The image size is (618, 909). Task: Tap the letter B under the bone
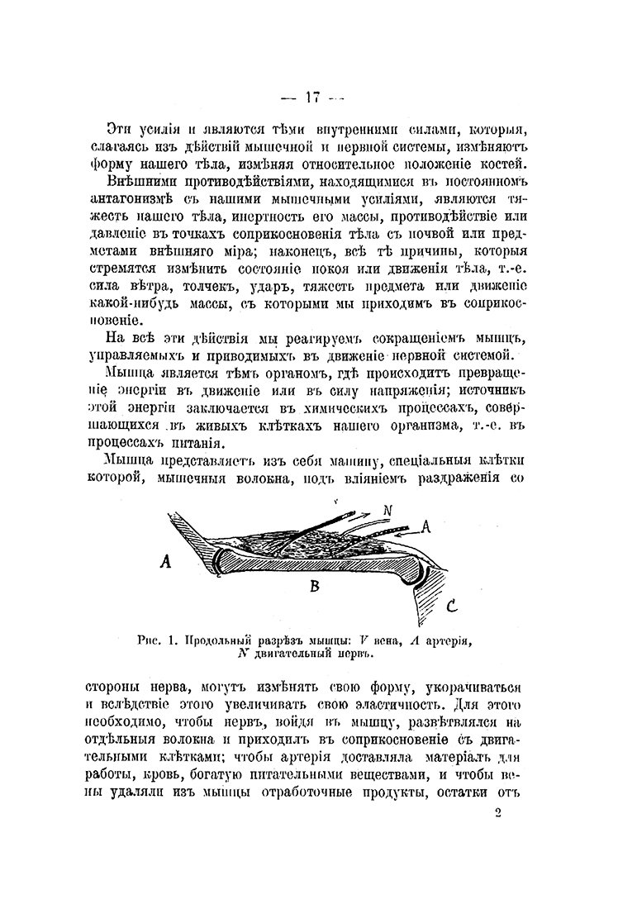click(314, 588)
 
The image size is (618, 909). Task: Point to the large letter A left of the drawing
click(165, 562)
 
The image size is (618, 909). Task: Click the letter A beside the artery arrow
click(427, 525)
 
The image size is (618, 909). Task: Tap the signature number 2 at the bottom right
click(497, 812)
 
